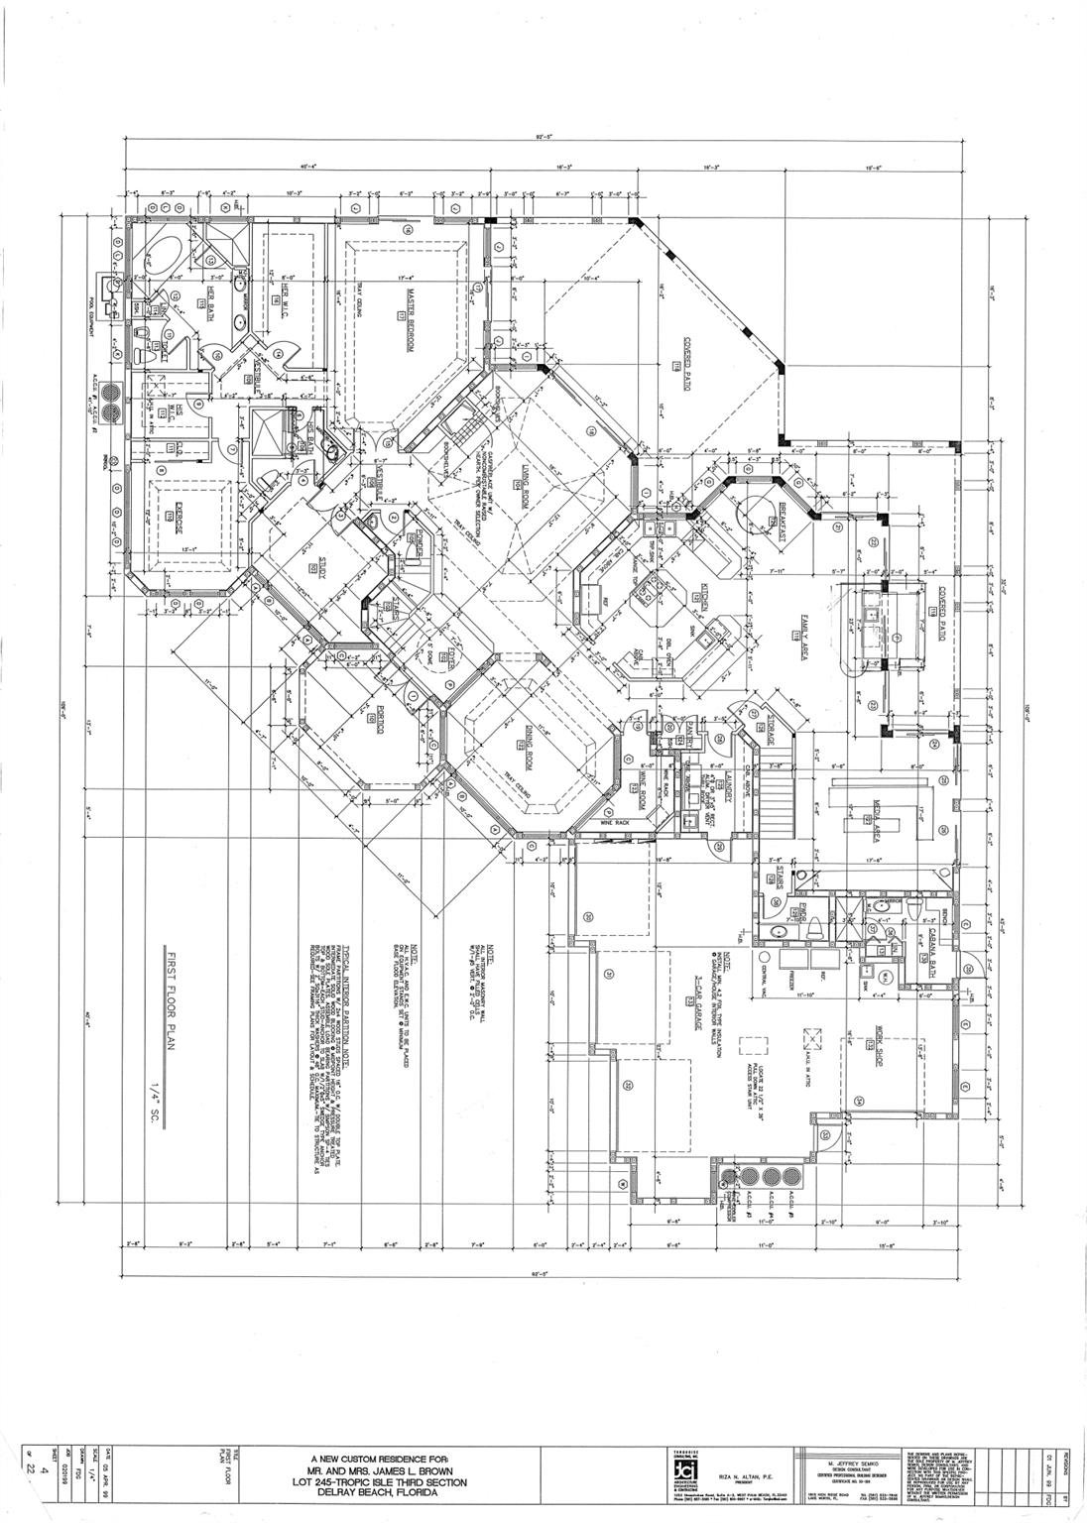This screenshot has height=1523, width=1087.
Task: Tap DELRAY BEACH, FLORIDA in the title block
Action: tap(382, 1493)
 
